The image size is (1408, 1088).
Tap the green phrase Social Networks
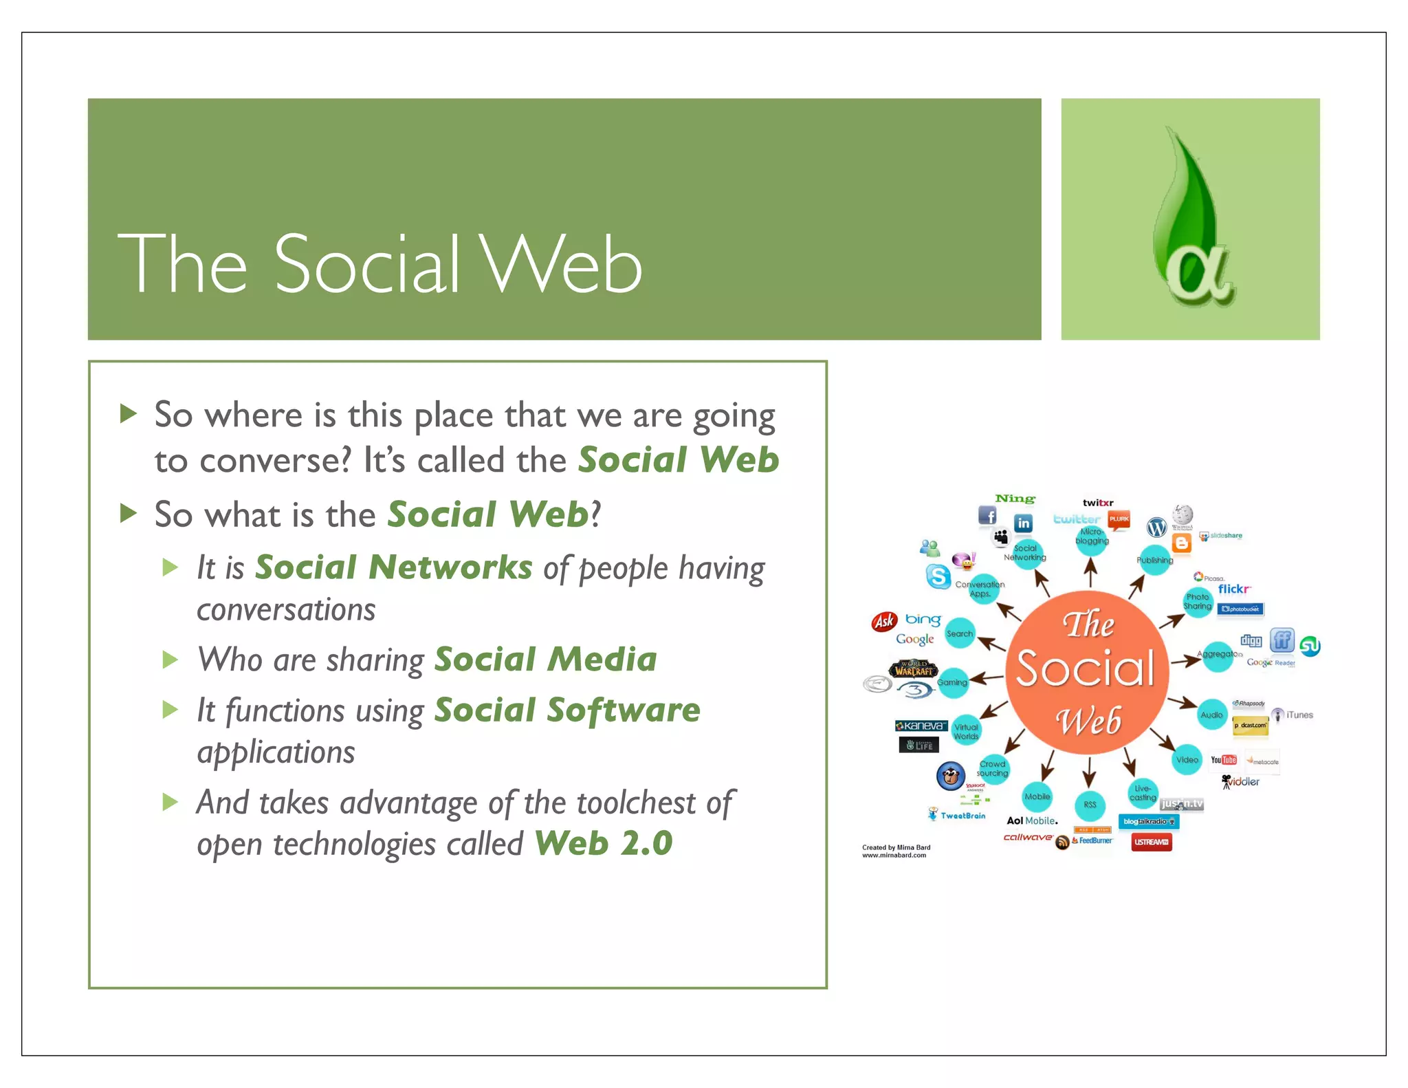[393, 568]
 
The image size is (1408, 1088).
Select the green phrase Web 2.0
[604, 844]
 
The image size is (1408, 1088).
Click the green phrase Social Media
[545, 660]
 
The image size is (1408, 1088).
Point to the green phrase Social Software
[567, 710]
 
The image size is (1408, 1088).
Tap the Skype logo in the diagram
[938, 576]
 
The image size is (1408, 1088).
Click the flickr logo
[1234, 589]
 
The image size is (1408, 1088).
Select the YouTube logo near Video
[1224, 760]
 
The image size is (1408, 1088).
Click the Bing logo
[923, 620]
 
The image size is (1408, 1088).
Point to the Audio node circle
[1211, 715]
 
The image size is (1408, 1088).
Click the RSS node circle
[1090, 805]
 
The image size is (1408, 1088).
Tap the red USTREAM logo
[1151, 842]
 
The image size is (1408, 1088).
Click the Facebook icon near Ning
[987, 515]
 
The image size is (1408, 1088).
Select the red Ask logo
[884, 622]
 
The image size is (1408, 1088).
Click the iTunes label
[1299, 715]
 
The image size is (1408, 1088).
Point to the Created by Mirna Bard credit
[896, 851]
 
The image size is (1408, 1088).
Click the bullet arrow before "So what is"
[129, 513]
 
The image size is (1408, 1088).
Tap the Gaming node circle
[952, 682]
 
